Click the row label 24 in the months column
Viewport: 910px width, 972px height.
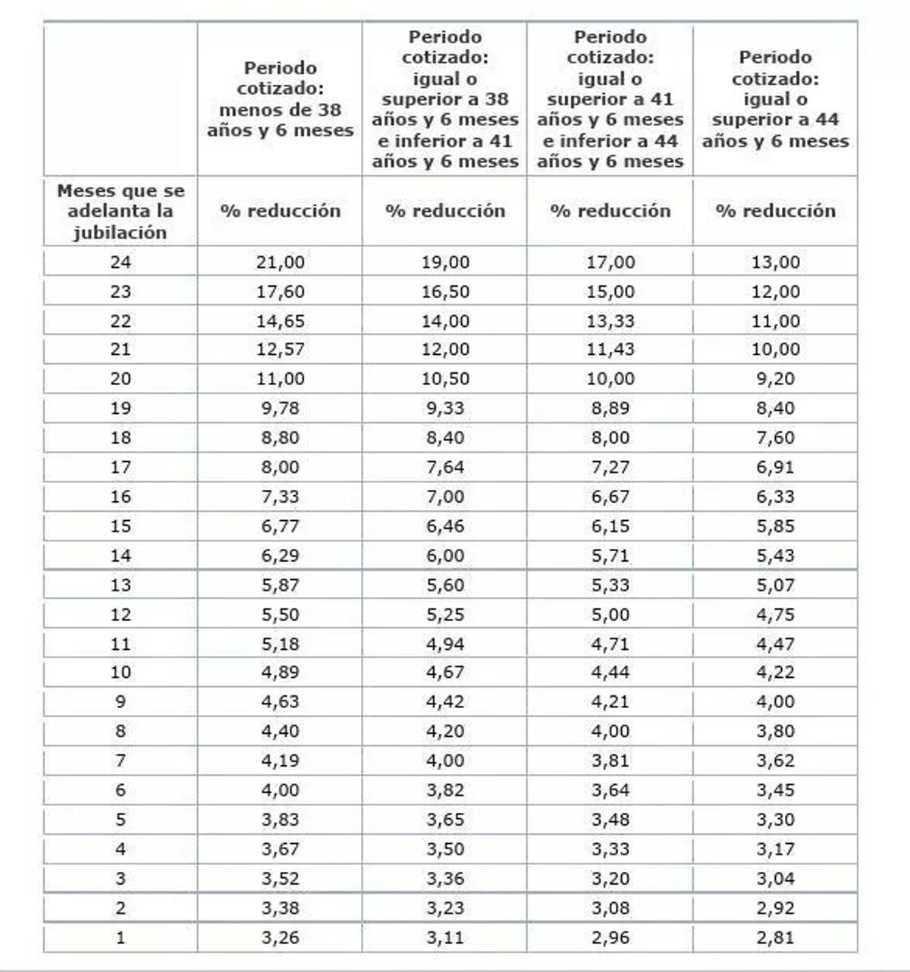(121, 262)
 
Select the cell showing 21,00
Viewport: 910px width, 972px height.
(280, 262)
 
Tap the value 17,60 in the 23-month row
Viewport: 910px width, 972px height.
(280, 292)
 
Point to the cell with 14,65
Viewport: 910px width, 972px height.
(280, 321)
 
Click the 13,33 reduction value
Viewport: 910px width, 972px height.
(610, 321)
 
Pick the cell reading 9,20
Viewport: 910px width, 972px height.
(775, 379)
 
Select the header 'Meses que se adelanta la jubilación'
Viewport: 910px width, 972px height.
(121, 212)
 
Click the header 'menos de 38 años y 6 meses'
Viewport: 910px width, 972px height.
(280, 99)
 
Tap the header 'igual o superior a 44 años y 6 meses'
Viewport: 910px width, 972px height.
(775, 99)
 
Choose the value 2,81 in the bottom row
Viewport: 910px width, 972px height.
(775, 938)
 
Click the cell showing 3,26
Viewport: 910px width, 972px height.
(280, 938)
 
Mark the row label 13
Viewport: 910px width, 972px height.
(121, 585)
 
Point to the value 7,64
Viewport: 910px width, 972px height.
(445, 468)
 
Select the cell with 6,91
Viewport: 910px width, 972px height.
(775, 468)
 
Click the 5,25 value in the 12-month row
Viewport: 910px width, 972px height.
(445, 615)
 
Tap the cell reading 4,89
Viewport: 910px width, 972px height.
(280, 673)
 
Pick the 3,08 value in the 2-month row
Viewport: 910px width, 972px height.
(610, 908)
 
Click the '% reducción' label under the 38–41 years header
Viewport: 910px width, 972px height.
(445, 212)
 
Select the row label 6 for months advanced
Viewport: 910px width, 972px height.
(121, 791)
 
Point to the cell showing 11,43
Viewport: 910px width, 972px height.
(610, 350)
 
